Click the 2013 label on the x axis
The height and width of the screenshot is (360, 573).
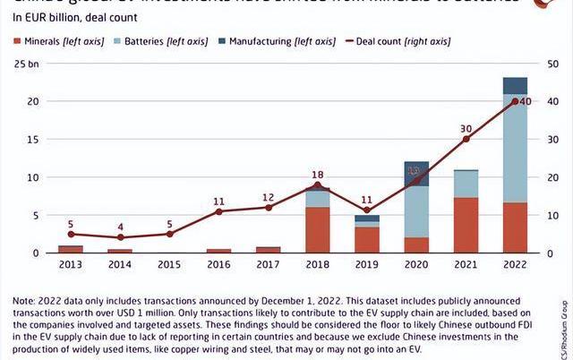[x=71, y=265]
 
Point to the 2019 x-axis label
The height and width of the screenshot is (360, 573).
[x=366, y=265]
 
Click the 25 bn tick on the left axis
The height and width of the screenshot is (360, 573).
[x=26, y=64]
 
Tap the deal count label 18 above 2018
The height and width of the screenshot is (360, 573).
[x=318, y=175]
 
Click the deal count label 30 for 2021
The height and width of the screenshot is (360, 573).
[x=466, y=129]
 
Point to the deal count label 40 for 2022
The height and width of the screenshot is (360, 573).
[x=526, y=101]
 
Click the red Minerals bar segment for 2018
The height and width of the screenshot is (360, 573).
[x=318, y=230]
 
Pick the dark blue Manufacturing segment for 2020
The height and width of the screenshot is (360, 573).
[x=416, y=174]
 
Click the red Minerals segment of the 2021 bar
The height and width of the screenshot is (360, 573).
[x=466, y=225]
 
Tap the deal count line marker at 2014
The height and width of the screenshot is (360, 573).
[x=120, y=237]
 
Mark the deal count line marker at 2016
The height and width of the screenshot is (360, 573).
[x=218, y=211]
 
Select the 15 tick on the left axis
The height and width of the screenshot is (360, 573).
[x=30, y=139]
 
